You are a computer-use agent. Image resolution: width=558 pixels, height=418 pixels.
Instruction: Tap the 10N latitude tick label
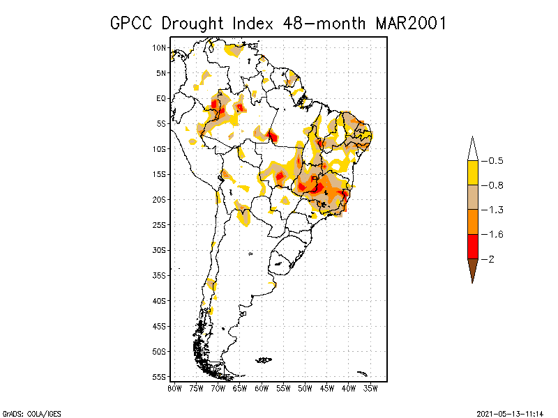click(x=159, y=48)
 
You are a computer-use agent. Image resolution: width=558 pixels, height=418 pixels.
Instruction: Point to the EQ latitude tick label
click(x=160, y=98)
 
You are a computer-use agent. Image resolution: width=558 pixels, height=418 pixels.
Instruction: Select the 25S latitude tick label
click(x=159, y=224)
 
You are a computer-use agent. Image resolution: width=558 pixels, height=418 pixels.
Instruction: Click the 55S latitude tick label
click(x=159, y=376)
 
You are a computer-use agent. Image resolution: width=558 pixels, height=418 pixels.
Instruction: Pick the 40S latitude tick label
click(x=159, y=300)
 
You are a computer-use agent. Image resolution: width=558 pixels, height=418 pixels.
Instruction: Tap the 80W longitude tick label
click(x=174, y=387)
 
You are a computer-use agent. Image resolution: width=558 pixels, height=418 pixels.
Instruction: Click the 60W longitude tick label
click(x=262, y=387)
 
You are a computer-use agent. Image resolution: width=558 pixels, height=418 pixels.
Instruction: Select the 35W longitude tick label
click(x=370, y=387)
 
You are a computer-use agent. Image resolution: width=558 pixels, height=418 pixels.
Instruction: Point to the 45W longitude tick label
click(x=327, y=387)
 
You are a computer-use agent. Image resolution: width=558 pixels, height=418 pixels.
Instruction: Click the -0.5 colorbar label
click(x=495, y=161)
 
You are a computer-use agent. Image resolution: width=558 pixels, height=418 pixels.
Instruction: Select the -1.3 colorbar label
click(x=495, y=210)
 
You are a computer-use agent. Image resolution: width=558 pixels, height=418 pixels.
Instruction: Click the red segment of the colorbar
click(x=472, y=246)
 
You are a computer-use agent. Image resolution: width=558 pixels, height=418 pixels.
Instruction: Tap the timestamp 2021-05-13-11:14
click(x=510, y=412)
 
